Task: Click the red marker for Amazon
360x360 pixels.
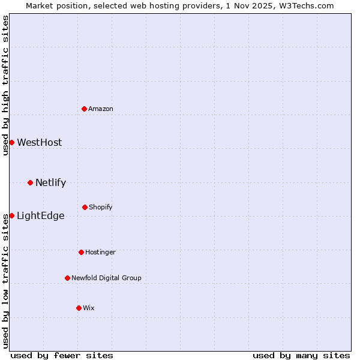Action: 84,109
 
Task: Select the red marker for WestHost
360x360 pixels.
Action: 11,142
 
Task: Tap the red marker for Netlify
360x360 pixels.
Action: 30,182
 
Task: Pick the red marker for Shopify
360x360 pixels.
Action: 85,207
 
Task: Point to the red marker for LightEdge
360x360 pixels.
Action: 11,215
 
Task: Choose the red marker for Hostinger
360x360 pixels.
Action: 81,252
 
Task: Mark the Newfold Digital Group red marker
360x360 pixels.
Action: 67,278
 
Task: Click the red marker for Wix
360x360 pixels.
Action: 79,308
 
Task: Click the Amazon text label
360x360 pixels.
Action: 101,109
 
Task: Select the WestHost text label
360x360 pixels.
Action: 40,142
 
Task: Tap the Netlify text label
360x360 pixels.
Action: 50,182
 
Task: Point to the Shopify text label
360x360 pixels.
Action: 101,207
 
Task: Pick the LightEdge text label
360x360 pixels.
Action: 41,215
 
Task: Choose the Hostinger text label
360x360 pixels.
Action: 100,252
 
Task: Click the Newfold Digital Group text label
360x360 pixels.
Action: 106,278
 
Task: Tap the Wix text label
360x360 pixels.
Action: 89,308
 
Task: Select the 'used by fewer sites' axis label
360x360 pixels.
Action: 62,355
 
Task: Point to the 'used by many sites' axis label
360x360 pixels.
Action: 301,355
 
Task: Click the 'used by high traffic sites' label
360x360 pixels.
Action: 5,85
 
